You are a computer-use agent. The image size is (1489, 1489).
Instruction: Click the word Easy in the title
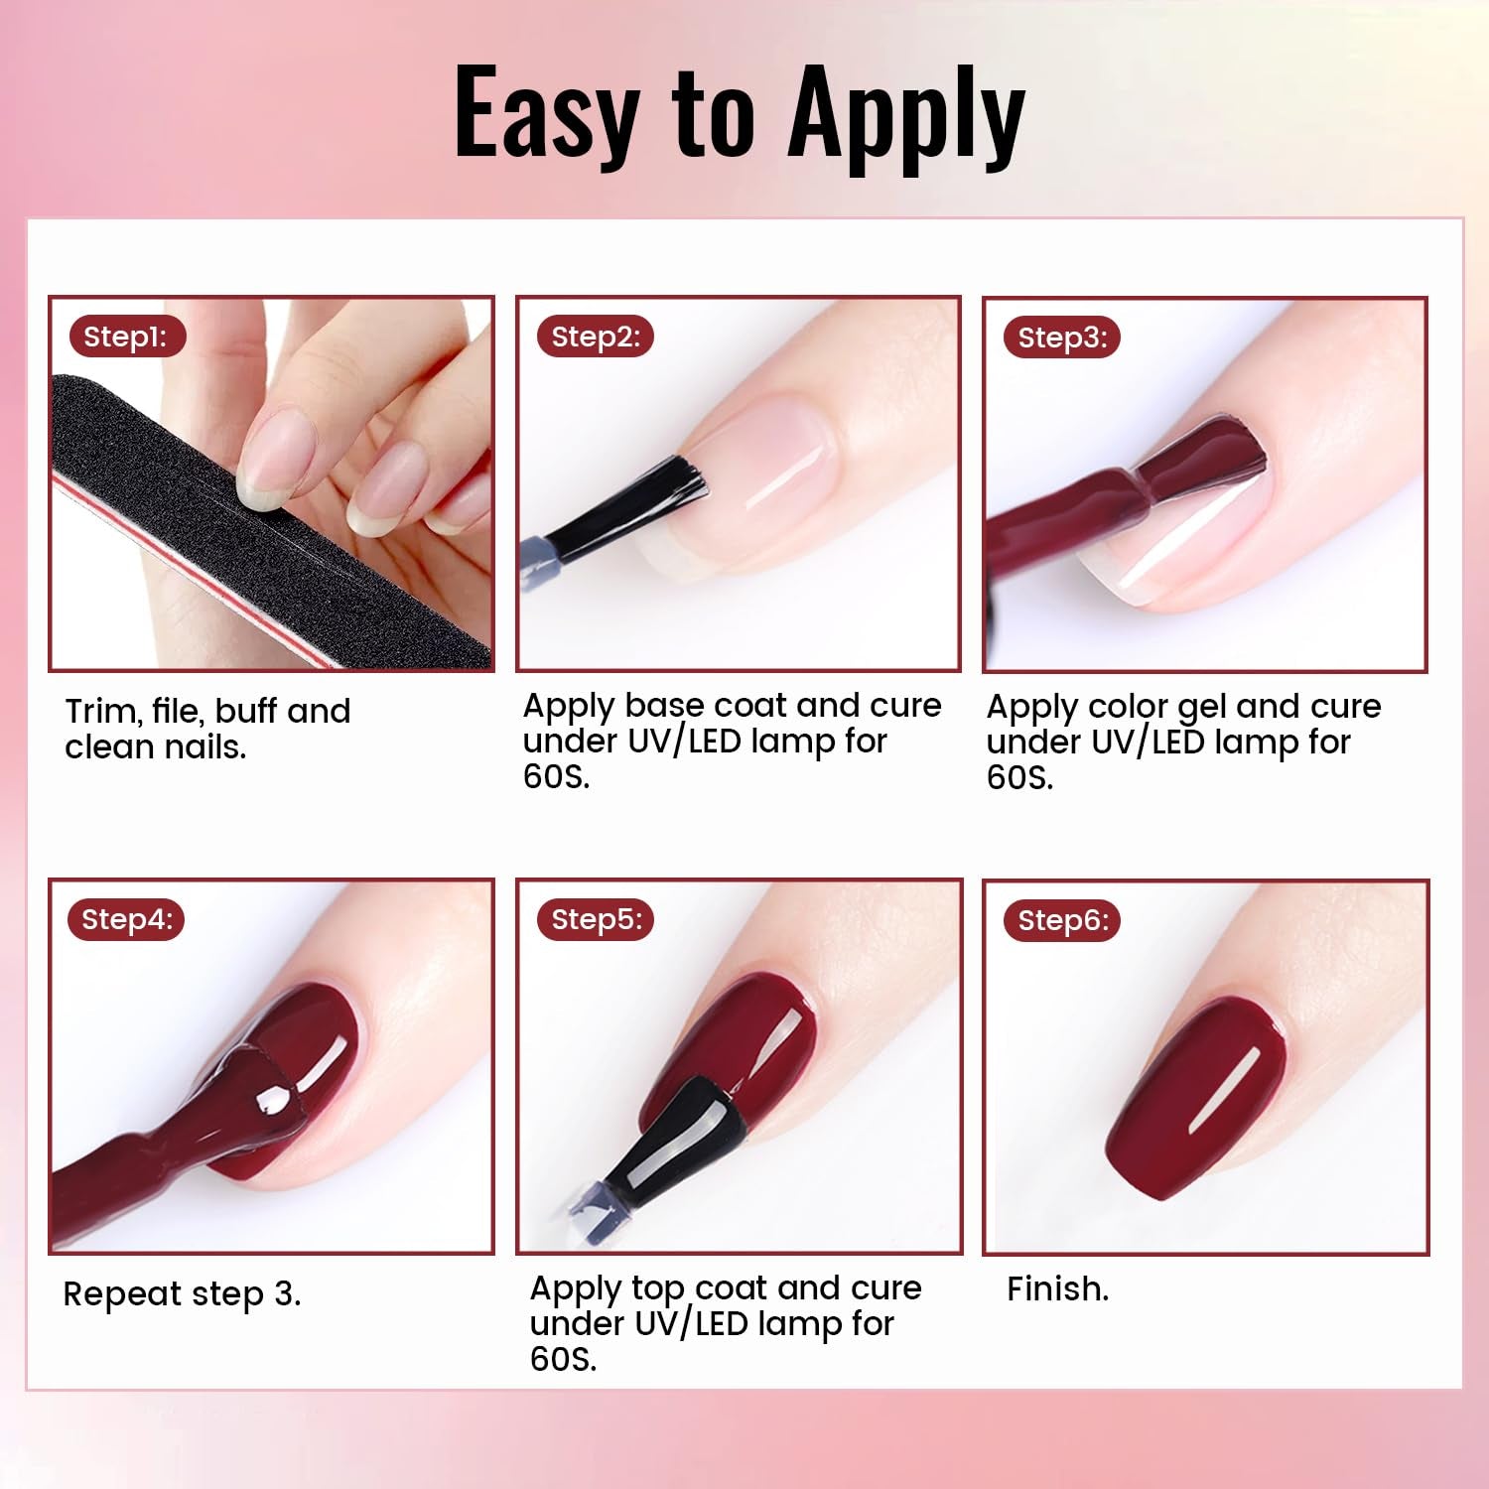coord(547,114)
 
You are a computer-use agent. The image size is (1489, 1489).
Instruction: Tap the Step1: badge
coord(125,337)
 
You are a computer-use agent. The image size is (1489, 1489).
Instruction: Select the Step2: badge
coord(596,337)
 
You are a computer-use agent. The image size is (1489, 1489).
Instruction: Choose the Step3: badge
coord(1062,338)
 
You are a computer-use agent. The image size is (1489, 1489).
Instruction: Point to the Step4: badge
coord(126,919)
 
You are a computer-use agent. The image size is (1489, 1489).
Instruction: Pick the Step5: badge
coord(597,919)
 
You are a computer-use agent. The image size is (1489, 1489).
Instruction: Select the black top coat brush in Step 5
coord(685,1142)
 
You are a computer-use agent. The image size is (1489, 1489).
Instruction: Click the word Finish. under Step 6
coord(1057,1288)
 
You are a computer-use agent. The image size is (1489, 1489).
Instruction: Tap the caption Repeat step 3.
coord(182,1294)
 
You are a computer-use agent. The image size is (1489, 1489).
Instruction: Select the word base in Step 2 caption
coord(665,706)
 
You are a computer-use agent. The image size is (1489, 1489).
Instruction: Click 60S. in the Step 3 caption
coord(1019,777)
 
